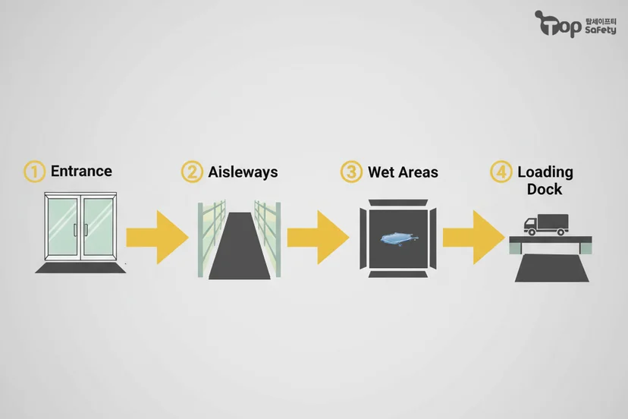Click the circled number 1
pos(34,172)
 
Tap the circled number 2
pos(192,172)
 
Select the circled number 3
pos(351,172)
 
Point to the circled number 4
pos(501,172)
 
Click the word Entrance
pos(81,172)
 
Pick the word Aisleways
pos(243,172)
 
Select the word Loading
pos(545,172)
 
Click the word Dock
pos(545,189)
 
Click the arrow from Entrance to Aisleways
pos(158,237)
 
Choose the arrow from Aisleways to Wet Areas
pos(319,237)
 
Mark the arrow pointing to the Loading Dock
pos(474,237)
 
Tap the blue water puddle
pos(399,239)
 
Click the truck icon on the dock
pos(546,225)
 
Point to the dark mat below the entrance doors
pos(80,267)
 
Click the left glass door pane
pos(62,228)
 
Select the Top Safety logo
pos(576,24)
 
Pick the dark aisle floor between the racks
pos(240,246)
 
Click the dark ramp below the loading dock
pos(552,268)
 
